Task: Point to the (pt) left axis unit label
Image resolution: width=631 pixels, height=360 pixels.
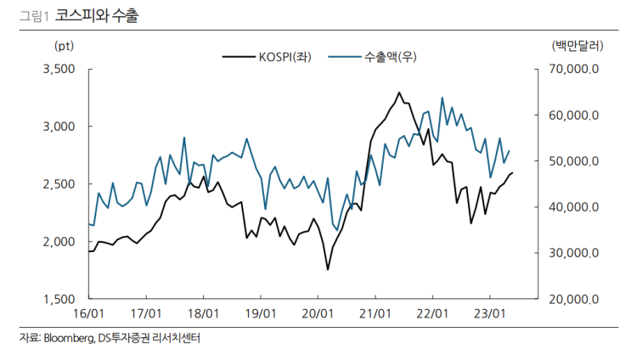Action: coord(64,45)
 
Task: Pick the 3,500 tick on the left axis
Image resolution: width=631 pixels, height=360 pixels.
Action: coord(59,69)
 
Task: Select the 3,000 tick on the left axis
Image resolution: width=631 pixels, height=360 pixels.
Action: coord(59,127)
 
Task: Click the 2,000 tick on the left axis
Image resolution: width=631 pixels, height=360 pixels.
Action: coord(59,241)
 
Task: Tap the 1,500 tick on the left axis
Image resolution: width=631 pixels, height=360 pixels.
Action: coord(59,299)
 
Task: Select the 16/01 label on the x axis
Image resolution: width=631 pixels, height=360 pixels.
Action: coord(90,313)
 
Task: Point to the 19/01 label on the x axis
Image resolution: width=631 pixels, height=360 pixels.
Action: coord(261,313)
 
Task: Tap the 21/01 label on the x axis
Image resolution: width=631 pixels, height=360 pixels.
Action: coord(375,313)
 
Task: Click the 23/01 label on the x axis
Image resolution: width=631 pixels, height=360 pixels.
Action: coord(488,313)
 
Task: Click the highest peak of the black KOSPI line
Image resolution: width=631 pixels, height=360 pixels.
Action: coord(399,93)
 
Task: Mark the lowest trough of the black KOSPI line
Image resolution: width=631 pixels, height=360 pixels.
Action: coord(328,270)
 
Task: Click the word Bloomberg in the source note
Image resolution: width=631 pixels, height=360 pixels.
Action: coord(68,339)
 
